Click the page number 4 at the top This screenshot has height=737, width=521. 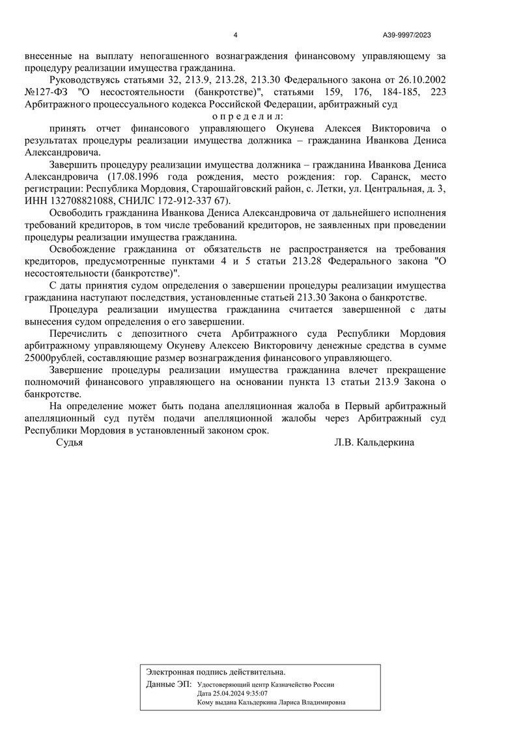pos(235,35)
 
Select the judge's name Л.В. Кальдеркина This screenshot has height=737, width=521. pos(374,442)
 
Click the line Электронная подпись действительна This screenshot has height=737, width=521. pos(216,671)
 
